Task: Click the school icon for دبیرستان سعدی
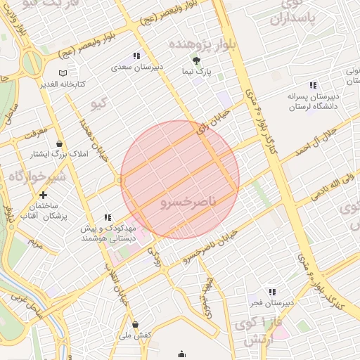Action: coord(136,56)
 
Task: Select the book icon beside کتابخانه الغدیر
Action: coord(63,72)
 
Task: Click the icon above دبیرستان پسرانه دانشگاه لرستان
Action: coord(313,85)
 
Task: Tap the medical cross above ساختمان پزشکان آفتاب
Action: coord(44,195)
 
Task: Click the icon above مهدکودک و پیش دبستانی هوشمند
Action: coord(108,218)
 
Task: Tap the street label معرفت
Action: coord(35,131)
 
